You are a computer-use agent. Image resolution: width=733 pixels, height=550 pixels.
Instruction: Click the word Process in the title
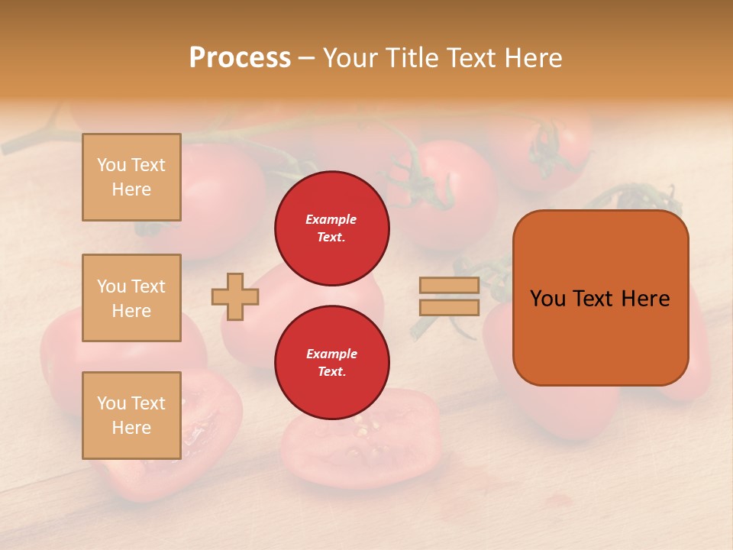(x=240, y=58)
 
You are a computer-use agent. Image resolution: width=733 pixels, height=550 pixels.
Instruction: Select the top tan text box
(x=131, y=177)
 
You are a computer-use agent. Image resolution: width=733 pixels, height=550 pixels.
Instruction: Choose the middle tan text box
(x=131, y=298)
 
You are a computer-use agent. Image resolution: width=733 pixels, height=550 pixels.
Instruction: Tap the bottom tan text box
(x=131, y=416)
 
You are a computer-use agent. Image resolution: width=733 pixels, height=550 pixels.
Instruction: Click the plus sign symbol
(x=235, y=296)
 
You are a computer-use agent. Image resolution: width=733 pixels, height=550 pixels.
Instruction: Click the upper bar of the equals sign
(x=450, y=286)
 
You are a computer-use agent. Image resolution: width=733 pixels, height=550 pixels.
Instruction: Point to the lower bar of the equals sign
(x=450, y=307)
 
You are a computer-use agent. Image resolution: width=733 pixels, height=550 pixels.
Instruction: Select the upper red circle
(x=332, y=228)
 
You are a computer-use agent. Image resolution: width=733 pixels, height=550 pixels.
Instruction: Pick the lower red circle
(x=332, y=362)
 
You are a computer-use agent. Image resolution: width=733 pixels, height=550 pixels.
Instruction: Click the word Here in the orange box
(x=645, y=299)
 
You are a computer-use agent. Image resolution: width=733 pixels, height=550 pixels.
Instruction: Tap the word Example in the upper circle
(x=331, y=219)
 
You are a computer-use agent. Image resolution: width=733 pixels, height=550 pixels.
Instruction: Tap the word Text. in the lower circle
(x=331, y=371)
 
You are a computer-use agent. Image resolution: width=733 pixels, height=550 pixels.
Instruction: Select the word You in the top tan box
(x=111, y=165)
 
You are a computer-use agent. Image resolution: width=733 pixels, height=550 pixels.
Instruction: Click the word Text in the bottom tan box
(x=148, y=403)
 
